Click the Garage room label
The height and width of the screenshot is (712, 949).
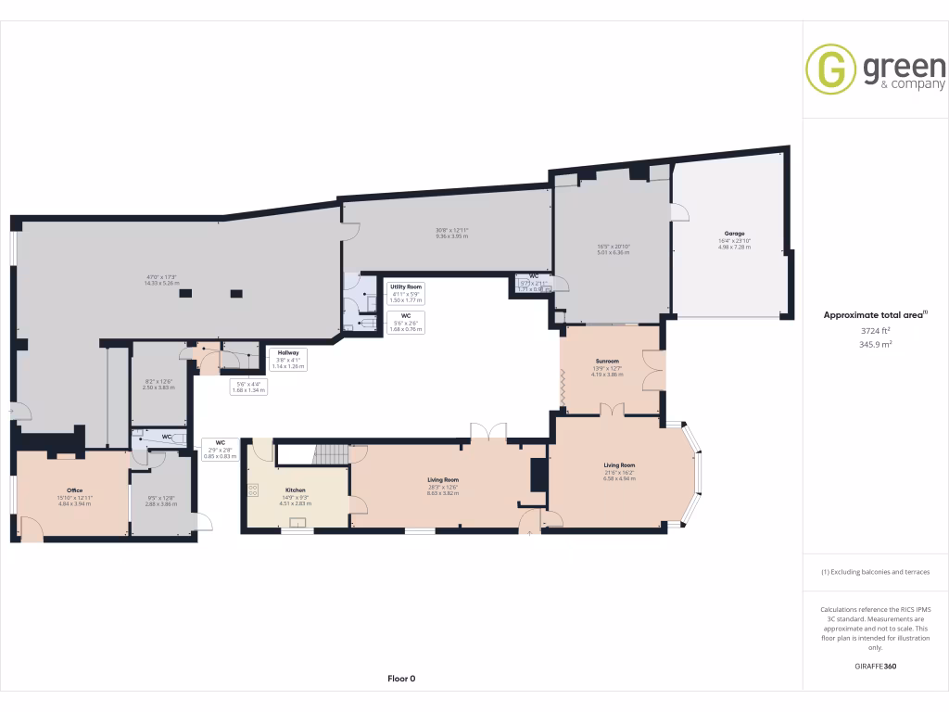point(734,234)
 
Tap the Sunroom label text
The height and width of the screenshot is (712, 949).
point(606,362)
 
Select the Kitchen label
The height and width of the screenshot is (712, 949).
point(296,490)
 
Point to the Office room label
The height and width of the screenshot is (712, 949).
point(75,490)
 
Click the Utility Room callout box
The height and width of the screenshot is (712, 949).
point(406,294)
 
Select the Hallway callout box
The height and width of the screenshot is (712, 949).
point(287,358)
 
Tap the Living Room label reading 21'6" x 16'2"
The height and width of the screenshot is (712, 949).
point(619,472)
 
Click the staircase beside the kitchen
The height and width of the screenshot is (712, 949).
point(329,453)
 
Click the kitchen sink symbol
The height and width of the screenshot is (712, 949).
point(298,523)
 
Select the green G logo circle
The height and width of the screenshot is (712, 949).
point(830,70)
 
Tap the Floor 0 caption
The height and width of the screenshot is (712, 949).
point(401,679)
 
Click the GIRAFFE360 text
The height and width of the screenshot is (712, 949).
point(875,666)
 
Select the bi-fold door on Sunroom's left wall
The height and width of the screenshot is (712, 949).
point(562,389)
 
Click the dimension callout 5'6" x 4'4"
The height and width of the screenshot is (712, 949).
point(247,387)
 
